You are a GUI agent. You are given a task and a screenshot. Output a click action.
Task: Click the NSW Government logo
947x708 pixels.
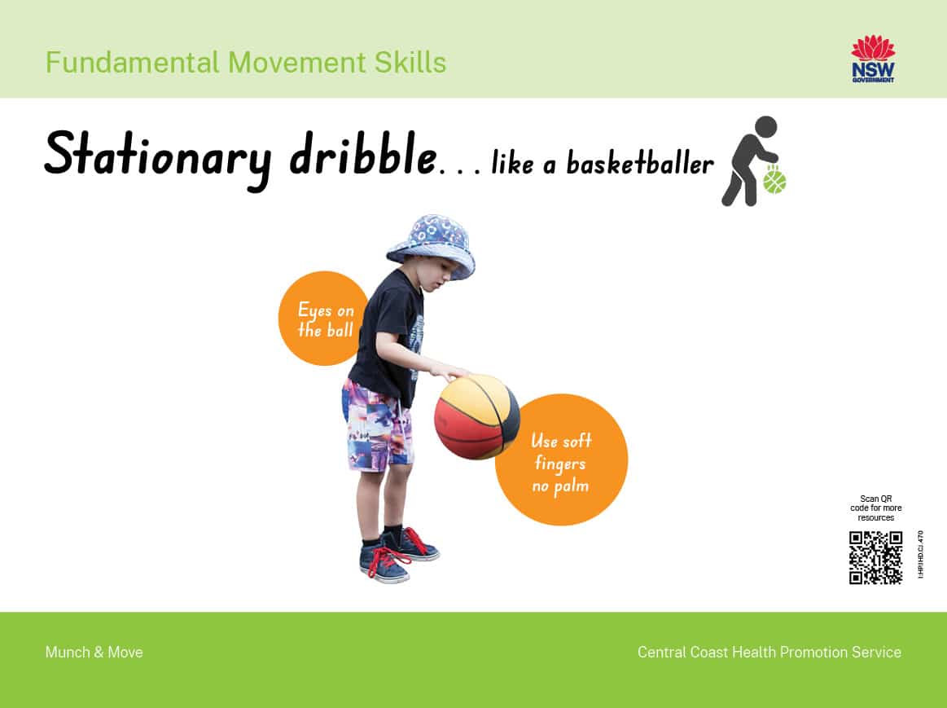pyautogui.click(x=873, y=59)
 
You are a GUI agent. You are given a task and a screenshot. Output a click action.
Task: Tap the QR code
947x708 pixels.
pyautogui.click(x=875, y=557)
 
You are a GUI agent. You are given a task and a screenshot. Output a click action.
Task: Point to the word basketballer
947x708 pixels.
pyautogui.click(x=640, y=162)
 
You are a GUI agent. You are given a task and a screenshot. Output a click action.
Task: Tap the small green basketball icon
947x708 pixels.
pyautogui.click(x=774, y=181)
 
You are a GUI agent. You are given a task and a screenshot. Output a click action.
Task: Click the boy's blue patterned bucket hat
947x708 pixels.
pyautogui.click(x=432, y=244)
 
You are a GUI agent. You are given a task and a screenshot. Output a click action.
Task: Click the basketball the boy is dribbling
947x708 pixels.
pyautogui.click(x=476, y=417)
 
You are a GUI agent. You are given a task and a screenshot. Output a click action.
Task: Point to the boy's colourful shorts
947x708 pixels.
pyautogui.click(x=378, y=426)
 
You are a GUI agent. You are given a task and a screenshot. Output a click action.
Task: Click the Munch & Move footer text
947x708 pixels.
pyautogui.click(x=94, y=653)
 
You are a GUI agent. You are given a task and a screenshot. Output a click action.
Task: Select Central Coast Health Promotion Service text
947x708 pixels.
pyautogui.click(x=769, y=653)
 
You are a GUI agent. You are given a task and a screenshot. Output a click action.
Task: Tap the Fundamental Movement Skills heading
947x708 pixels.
pyautogui.click(x=246, y=63)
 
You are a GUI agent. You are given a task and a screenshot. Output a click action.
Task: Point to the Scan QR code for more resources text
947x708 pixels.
pyautogui.click(x=875, y=508)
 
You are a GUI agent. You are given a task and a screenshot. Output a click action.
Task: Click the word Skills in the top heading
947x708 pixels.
pyautogui.click(x=410, y=63)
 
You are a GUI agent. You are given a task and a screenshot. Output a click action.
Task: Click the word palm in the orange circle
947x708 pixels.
pyautogui.click(x=572, y=487)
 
